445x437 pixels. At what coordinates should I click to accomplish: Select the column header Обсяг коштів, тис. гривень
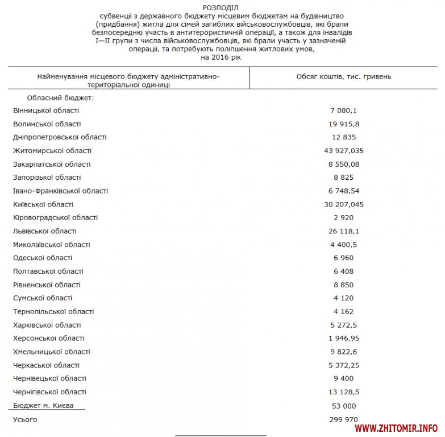click(x=343, y=76)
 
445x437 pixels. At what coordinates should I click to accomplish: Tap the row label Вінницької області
click(x=46, y=110)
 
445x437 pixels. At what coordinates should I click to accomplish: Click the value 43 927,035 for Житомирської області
click(x=343, y=151)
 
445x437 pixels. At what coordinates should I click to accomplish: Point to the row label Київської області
click(x=43, y=204)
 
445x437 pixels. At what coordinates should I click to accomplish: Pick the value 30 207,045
click(x=343, y=204)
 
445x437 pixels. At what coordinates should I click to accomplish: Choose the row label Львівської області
click(x=45, y=231)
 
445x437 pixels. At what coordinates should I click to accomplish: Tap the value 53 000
click(x=343, y=406)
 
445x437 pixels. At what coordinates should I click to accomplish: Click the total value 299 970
click(x=343, y=419)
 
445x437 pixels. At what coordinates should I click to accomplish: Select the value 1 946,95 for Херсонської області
click(x=343, y=338)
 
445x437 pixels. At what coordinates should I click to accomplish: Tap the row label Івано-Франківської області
click(x=60, y=191)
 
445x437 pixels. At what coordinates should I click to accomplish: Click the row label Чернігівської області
click(x=49, y=392)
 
